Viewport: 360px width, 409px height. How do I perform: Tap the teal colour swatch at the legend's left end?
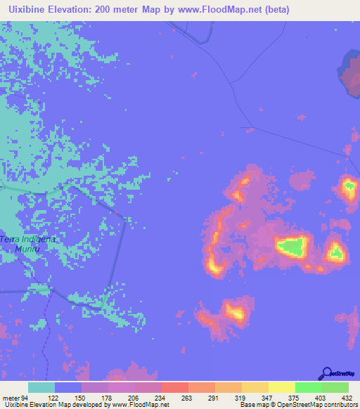pos(41,387)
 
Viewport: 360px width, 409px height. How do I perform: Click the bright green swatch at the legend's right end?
pos(335,387)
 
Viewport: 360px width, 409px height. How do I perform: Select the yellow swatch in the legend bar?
pos(281,387)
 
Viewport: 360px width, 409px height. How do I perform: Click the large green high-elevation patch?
pos(292,246)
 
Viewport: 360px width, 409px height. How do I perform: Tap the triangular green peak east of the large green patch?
pos(336,252)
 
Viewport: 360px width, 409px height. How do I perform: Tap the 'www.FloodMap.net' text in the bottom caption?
pos(139,405)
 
